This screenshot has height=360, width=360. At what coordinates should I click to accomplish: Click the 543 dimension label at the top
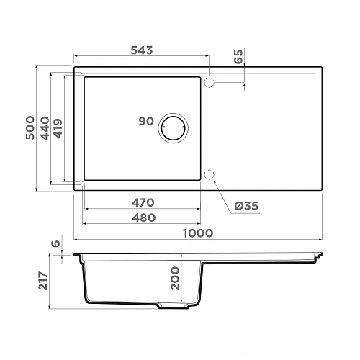point(140,50)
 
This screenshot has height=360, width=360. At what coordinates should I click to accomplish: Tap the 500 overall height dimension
point(30,130)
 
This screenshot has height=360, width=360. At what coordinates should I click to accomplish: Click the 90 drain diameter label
point(146,121)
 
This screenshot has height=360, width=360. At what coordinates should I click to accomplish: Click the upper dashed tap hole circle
point(210,83)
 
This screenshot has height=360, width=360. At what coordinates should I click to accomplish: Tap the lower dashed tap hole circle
point(210,175)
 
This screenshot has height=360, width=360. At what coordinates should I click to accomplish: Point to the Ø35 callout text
point(246,207)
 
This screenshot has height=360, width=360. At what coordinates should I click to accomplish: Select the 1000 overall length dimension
point(199,232)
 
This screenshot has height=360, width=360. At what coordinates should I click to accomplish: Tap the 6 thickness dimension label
point(55,245)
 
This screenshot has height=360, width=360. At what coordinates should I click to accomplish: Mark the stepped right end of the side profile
point(318,256)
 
